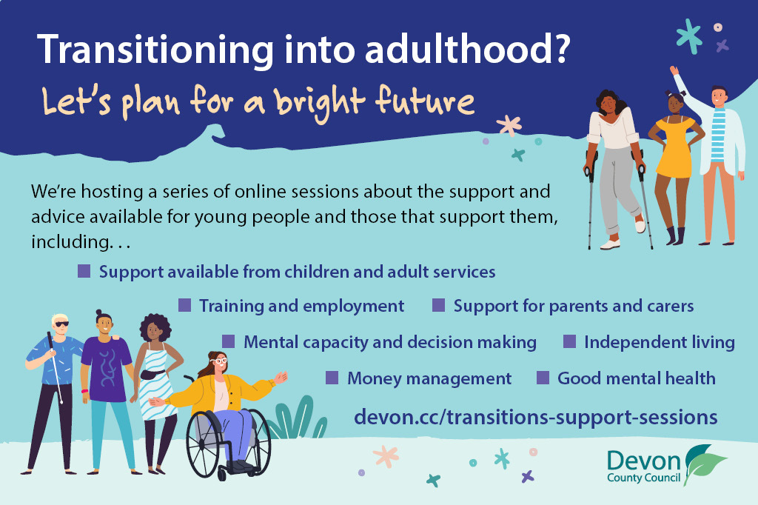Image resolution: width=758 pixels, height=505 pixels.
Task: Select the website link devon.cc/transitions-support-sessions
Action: point(536,416)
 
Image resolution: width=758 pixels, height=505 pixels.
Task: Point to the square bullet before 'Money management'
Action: point(332,378)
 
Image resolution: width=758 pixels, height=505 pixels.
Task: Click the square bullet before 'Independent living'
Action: point(569,341)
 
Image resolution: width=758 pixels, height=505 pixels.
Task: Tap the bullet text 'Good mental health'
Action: point(636,378)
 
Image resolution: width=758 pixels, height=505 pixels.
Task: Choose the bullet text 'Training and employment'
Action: point(301,306)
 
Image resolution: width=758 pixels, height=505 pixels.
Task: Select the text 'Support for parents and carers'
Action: point(573,306)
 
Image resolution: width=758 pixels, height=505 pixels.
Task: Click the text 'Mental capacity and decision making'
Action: point(389,342)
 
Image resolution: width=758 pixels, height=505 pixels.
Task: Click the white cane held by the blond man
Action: point(56,370)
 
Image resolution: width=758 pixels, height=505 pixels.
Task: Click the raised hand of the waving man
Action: point(674,71)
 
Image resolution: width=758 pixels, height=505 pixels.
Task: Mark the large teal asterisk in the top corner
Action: point(689,36)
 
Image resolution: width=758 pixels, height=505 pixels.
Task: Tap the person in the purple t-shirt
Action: point(106,370)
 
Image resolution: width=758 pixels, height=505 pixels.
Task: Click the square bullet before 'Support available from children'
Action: point(84,271)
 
